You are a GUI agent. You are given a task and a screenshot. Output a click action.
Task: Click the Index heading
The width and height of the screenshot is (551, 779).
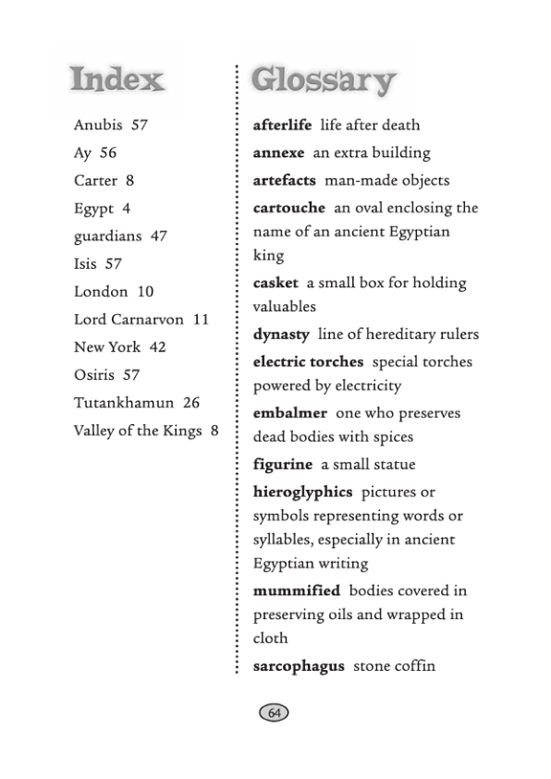point(117,79)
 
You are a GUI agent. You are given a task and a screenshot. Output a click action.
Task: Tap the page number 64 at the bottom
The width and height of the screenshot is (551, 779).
point(274,712)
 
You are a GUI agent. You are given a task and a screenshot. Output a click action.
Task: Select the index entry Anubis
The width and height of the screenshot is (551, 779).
point(98,125)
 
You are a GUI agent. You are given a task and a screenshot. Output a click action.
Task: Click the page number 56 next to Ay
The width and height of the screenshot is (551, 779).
point(108,152)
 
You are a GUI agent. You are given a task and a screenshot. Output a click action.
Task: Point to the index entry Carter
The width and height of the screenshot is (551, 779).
point(95,180)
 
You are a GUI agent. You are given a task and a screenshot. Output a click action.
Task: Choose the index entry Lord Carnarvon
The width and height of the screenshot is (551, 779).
point(129,319)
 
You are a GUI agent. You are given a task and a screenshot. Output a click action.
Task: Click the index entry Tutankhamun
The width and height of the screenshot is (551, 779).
point(124,403)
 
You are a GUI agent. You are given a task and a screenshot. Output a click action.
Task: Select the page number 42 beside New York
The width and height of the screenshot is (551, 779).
point(157,347)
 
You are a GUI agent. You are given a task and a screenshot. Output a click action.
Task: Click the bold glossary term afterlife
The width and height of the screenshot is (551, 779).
point(282,125)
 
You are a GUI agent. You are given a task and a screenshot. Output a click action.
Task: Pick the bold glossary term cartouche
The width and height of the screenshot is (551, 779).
point(288,208)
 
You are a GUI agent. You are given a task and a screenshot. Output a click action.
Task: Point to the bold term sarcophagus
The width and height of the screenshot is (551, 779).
point(298,665)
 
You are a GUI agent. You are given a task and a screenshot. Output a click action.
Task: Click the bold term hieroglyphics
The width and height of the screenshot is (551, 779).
point(302,492)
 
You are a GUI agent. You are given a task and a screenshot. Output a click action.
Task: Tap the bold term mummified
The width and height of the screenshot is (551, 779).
point(296,590)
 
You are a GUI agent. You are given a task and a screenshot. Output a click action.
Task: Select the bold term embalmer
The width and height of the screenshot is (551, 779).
point(289,413)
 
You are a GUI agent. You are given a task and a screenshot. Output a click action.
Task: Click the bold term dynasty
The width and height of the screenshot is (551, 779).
point(281,334)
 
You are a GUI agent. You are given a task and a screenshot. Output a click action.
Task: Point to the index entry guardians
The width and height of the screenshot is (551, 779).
point(107,236)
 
